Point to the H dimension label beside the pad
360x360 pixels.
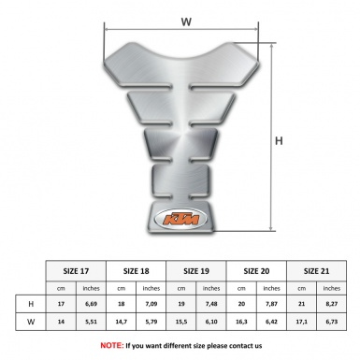point(279,140)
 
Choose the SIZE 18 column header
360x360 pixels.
point(138,270)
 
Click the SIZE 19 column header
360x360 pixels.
point(197,270)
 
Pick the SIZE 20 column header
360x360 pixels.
point(257,270)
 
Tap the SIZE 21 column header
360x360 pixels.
point(316,270)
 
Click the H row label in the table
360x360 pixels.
point(33,304)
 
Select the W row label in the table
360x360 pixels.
point(33,323)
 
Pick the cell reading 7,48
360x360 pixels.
point(212,304)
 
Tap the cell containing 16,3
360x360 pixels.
point(242,323)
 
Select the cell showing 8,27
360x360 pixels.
point(331,304)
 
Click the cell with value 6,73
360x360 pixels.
point(331,323)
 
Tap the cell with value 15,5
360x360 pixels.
point(183,323)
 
